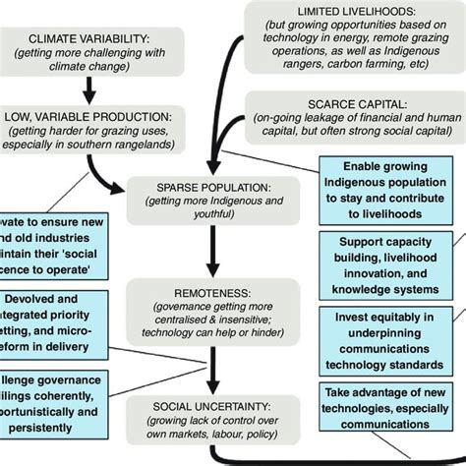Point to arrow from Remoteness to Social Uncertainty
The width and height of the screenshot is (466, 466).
pyautogui.click(x=209, y=369)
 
